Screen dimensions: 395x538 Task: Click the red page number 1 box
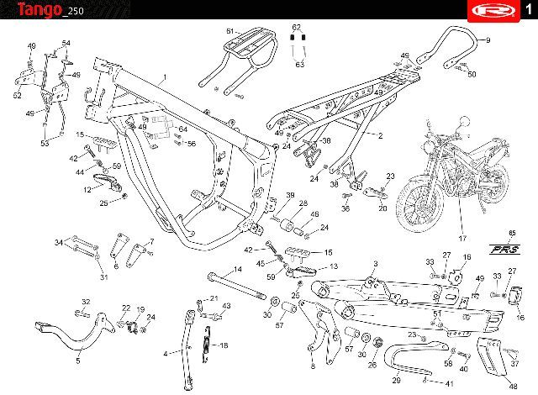point(525,9)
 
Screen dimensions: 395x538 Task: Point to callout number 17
point(461,238)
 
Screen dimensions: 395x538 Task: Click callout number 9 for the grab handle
point(509,41)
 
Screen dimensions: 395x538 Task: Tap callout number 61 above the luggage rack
point(229,31)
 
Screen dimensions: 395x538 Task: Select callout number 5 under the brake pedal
point(78,360)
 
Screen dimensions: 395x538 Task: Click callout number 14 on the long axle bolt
point(237,269)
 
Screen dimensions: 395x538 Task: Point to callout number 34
point(59,243)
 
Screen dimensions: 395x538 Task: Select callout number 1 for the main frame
point(165,77)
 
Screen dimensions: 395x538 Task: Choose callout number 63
point(298,64)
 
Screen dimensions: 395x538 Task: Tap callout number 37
point(514,366)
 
